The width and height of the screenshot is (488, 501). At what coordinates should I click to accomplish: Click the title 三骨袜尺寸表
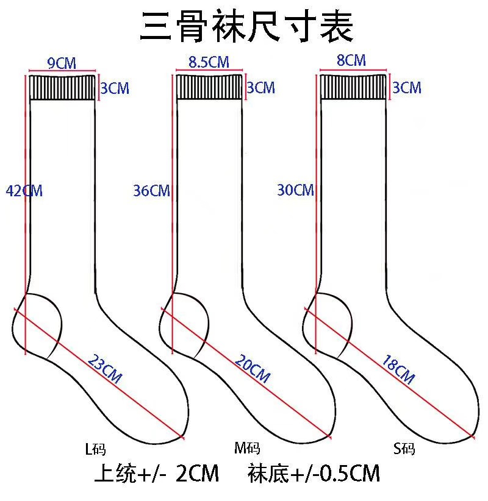point(246,27)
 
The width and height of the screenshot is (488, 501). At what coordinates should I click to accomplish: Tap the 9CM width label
point(61,63)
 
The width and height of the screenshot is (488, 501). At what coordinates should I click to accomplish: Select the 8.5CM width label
point(209,62)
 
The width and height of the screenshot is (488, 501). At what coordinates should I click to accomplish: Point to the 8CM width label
point(351,61)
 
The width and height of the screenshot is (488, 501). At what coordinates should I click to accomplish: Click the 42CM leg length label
point(24,191)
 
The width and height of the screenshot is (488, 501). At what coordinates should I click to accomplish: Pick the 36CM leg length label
point(151,191)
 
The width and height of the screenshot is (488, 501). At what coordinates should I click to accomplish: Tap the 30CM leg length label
point(295,190)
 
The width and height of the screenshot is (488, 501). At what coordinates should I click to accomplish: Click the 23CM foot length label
point(105,369)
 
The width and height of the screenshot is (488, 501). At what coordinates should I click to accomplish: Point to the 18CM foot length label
point(398,369)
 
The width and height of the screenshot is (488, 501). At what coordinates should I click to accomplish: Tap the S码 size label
point(404,450)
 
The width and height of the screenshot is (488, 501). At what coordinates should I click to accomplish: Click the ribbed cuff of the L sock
point(63,87)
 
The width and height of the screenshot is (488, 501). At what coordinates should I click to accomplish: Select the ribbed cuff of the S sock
point(353,87)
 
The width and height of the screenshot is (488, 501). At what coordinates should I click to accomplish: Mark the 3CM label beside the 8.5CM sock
point(260,88)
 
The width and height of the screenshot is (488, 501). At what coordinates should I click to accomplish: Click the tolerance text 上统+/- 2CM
point(156,474)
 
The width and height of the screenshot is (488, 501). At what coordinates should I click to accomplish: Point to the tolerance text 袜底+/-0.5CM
point(314,474)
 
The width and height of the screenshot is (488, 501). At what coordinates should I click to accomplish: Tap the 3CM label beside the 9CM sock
point(115,89)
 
